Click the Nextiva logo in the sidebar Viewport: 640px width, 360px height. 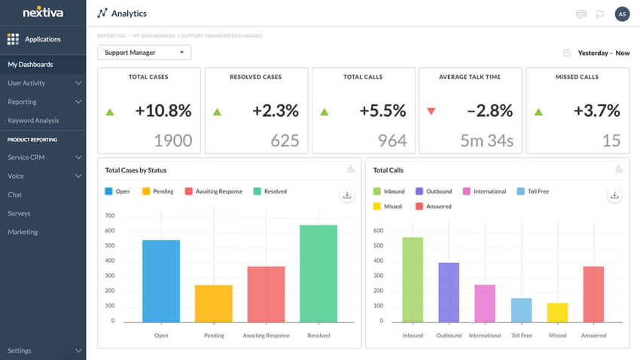point(43,13)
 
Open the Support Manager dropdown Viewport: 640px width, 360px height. point(144,53)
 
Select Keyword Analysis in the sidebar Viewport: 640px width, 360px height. point(33,121)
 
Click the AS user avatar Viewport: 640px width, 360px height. point(622,14)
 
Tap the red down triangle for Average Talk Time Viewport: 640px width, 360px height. point(431,111)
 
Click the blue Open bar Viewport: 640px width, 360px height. point(161,281)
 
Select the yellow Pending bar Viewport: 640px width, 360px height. point(214,304)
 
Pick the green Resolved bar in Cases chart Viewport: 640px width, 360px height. point(318,273)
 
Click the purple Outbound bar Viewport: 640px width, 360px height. point(449,292)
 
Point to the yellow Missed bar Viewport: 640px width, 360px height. point(557,313)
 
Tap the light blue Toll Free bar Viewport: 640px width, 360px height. point(521,310)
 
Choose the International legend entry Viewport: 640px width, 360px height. point(484,191)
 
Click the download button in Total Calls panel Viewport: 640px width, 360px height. point(614,195)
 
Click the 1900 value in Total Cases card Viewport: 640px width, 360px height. point(172,140)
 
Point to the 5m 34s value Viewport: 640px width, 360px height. point(486,140)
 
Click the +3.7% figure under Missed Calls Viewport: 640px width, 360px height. point(596,111)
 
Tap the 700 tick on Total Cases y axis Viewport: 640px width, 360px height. point(109,216)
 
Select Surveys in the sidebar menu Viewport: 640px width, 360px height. point(19,213)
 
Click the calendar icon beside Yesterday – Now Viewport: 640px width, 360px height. point(567,53)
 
